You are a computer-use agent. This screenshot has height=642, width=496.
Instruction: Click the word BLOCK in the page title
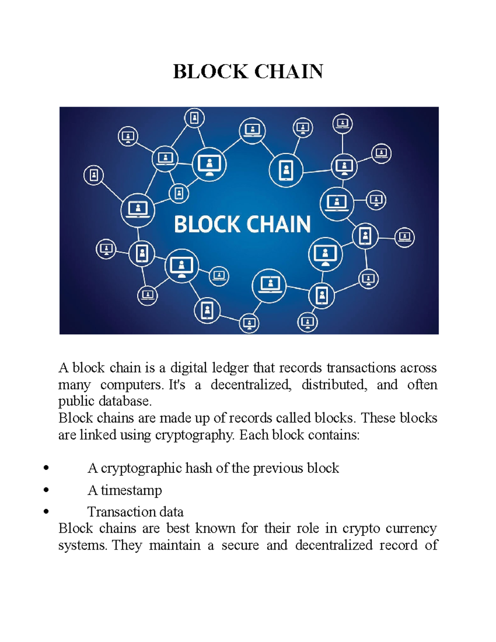(210, 72)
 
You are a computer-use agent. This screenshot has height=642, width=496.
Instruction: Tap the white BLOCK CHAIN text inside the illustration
(242, 224)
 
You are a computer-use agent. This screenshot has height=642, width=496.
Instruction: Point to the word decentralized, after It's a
(251, 385)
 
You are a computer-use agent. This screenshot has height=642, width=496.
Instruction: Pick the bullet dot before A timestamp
(46, 490)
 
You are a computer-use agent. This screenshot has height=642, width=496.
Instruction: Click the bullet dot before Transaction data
(46, 512)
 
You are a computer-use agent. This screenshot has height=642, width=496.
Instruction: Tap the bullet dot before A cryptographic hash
(46, 468)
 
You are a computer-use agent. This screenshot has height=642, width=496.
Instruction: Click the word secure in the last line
(240, 545)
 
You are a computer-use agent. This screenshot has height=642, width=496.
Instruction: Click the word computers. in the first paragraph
(132, 385)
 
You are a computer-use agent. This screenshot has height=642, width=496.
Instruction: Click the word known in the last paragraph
(215, 528)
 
